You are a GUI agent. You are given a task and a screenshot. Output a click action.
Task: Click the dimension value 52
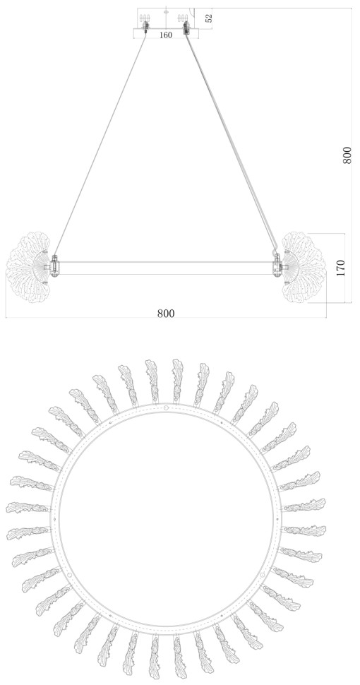[209, 18]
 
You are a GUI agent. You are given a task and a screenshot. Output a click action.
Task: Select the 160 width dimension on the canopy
[166, 35]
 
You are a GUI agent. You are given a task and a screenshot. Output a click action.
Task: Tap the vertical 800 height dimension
[347, 155]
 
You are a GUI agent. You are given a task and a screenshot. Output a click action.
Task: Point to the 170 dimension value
[341, 268]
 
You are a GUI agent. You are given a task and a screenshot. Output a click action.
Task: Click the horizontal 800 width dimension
[166, 314]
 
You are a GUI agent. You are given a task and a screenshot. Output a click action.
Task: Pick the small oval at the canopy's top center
[166, 12]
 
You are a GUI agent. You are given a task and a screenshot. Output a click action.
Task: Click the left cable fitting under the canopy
[145, 29]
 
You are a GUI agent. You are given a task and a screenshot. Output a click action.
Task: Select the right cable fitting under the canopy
[186, 29]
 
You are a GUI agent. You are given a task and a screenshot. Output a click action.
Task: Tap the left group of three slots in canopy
[145, 18]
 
